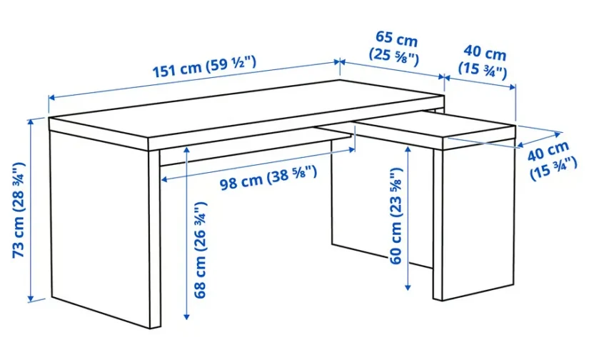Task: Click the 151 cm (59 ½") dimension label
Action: (205, 67)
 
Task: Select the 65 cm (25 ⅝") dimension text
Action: (395, 48)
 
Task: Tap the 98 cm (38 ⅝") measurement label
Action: (268, 178)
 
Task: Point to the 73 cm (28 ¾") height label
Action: (19, 210)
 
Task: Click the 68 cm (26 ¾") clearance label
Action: (200, 250)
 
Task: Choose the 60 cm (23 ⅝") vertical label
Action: (396, 216)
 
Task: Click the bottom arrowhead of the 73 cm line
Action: (31, 299)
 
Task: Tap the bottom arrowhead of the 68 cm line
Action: (186, 316)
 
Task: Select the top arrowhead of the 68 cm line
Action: (186, 149)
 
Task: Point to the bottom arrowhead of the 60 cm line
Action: (408, 287)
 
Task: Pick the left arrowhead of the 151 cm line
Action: (52, 98)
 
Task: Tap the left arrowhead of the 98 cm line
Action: (164, 179)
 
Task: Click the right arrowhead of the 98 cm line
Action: (352, 150)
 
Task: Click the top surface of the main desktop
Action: (246, 109)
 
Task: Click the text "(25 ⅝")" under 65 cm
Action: (393, 56)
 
